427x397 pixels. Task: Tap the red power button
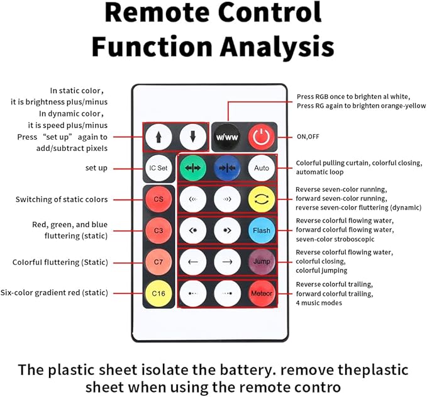pos(262,137)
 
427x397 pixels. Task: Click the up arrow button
pos(158,137)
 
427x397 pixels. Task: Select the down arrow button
pos(193,137)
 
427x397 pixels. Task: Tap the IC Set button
pos(158,168)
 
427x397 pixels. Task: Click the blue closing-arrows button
pos(227,168)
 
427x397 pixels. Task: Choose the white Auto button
pos(262,168)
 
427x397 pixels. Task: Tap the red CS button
pos(158,199)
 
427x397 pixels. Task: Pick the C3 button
pos(158,230)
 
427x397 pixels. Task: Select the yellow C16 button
pos(158,293)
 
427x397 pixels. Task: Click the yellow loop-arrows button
pos(262,199)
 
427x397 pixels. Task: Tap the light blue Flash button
pos(262,230)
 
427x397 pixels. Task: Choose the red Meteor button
pos(262,293)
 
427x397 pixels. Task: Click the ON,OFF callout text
pos(308,137)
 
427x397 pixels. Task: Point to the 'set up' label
pos(96,168)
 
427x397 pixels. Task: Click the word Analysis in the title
pos(277,47)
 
